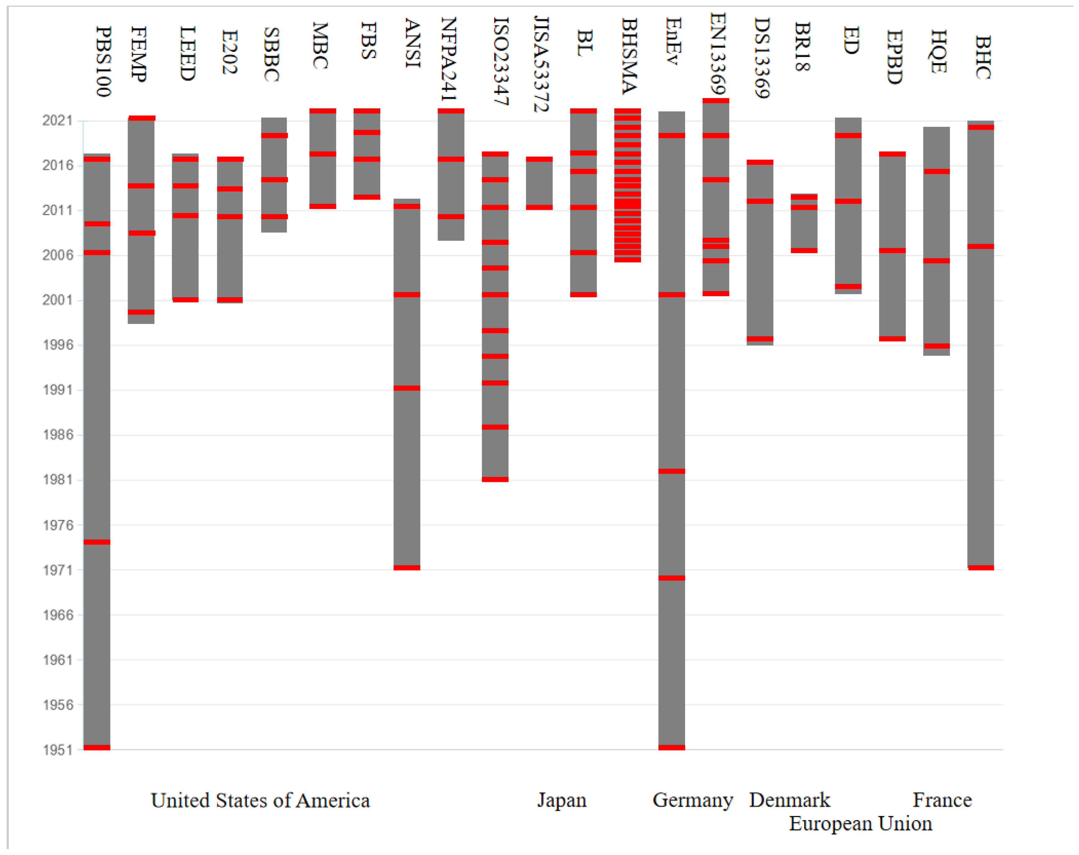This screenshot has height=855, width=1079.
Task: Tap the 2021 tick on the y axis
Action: tap(57, 121)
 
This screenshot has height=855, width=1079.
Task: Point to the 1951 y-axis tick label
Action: tap(57, 750)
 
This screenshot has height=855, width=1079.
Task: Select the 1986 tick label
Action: tap(57, 435)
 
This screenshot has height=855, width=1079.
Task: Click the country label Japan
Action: tap(562, 800)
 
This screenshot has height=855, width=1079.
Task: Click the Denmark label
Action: tap(789, 800)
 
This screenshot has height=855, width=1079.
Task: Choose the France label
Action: tap(942, 800)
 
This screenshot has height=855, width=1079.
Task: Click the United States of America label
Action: tap(260, 800)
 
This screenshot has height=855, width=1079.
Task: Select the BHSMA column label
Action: tap(629, 56)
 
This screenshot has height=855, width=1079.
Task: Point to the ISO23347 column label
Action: tap(501, 61)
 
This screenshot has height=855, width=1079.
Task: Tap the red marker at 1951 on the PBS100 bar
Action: tap(97, 747)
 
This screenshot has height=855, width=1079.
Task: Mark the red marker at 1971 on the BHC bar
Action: tap(980, 568)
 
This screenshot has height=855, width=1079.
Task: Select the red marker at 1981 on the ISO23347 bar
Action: tap(495, 480)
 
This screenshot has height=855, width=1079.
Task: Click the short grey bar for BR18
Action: tap(804, 223)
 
